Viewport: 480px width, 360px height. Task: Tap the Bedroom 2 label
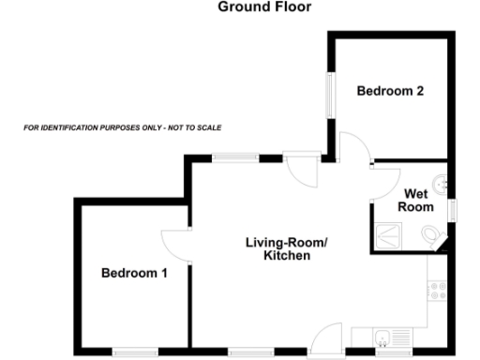[x=391, y=92]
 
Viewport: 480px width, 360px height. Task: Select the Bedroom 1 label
[x=134, y=274]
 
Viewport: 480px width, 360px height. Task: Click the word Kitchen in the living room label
[x=287, y=255]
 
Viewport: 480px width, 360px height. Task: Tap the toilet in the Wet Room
[x=431, y=233]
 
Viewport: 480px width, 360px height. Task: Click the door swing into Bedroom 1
[x=174, y=245]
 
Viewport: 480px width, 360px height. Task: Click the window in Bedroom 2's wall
[x=329, y=93]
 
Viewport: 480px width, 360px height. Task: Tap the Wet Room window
[x=453, y=209]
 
